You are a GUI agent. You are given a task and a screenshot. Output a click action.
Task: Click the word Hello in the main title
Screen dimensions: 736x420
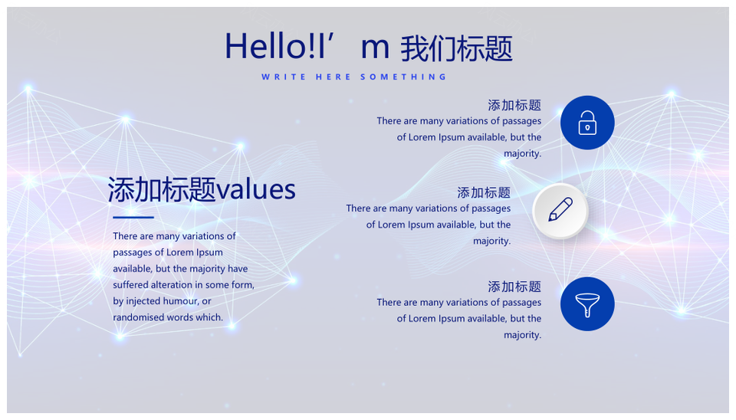265,46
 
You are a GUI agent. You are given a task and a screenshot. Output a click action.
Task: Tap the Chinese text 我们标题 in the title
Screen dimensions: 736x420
456,48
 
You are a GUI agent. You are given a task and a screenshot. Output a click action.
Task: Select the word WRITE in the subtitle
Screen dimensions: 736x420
284,77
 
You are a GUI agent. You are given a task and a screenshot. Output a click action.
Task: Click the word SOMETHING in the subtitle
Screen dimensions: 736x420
404,77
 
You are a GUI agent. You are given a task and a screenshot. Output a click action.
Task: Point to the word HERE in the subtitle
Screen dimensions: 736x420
333,77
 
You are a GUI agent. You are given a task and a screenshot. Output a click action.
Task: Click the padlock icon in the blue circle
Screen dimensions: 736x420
587,123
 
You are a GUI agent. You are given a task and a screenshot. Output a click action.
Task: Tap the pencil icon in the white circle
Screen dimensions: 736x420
560,209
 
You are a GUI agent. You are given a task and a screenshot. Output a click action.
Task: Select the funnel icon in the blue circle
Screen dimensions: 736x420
587,304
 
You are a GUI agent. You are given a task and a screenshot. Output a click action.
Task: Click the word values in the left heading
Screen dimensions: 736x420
256,189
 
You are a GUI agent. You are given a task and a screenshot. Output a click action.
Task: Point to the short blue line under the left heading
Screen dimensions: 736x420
133,217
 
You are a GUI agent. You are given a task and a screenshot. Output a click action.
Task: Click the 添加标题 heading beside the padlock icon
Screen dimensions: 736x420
514,105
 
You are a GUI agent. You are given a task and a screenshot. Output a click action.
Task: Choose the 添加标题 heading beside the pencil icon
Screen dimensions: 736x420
484,192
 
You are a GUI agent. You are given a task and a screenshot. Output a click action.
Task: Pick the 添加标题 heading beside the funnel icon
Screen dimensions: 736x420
514,286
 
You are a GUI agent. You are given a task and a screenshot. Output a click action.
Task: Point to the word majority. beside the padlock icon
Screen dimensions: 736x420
522,154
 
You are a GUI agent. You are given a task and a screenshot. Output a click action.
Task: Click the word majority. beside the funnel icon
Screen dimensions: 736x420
522,336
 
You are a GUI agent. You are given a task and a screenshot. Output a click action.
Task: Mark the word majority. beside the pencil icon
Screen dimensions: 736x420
492,241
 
